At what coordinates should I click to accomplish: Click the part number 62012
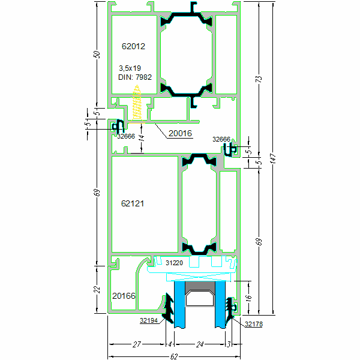tap(133, 46)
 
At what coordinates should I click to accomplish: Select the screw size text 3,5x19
tap(130, 68)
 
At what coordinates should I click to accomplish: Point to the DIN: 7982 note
tap(135, 77)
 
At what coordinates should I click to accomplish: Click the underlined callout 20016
tap(179, 134)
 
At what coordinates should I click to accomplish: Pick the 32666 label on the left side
tap(125, 136)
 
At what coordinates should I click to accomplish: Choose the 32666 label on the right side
tap(221, 139)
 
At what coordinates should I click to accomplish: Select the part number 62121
tap(133, 203)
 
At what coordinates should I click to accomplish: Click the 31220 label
tap(174, 263)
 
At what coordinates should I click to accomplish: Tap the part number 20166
tap(124, 296)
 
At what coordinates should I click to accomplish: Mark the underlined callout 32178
tap(254, 325)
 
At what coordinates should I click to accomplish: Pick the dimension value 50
tap(97, 54)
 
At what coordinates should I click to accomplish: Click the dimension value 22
tap(97, 289)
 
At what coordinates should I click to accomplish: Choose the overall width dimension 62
tap(174, 356)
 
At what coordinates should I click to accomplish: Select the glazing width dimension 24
tap(199, 344)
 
